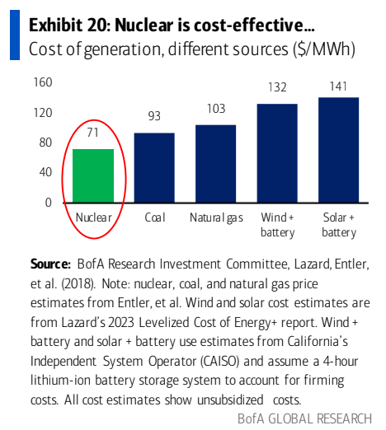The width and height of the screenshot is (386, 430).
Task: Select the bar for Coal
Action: point(154,167)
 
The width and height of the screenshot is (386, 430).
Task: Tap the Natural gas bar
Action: point(215,163)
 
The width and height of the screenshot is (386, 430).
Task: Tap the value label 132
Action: point(277,87)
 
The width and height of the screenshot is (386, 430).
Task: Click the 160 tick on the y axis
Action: point(43,82)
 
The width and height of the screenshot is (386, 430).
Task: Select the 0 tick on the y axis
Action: point(49,202)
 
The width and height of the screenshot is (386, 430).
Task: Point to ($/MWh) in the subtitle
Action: point(322,49)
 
